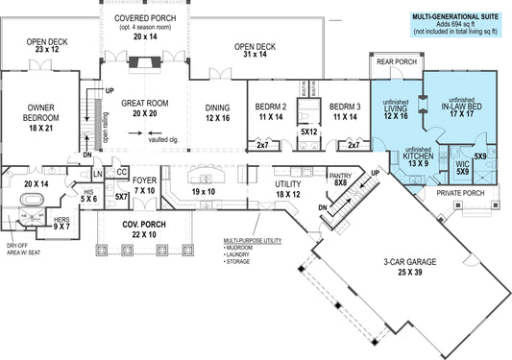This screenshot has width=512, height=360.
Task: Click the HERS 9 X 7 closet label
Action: [x=62, y=222]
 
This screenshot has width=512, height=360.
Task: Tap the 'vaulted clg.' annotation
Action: [x=167, y=140]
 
